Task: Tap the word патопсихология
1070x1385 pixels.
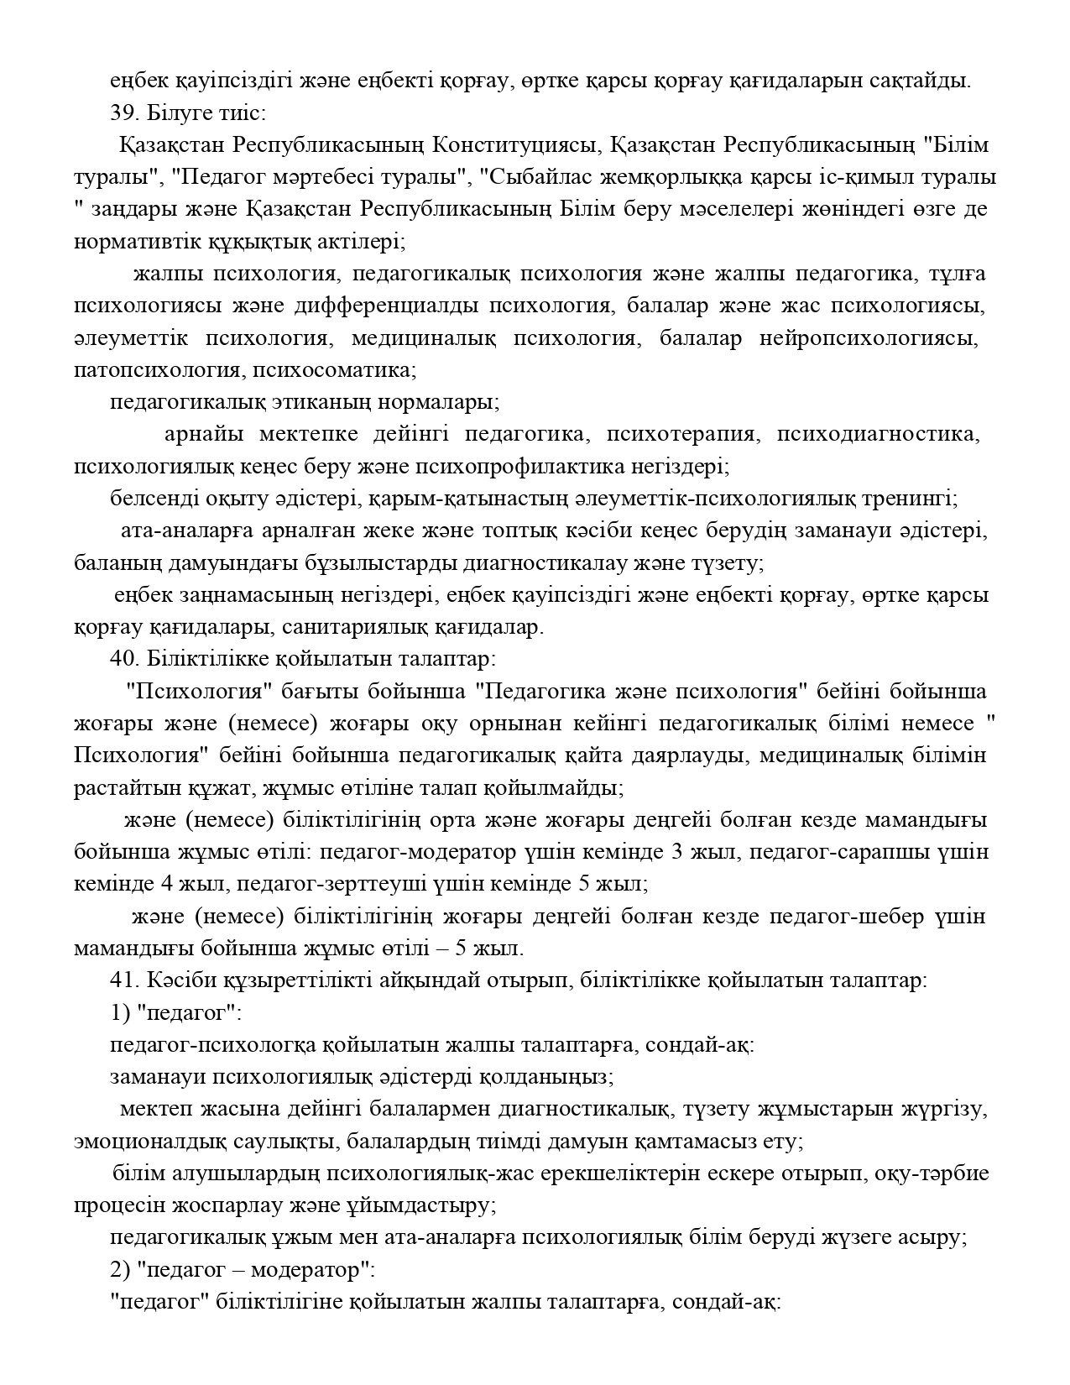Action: [155, 369]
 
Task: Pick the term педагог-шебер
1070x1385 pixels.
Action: [843, 916]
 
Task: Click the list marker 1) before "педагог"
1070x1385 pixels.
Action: [120, 1012]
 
